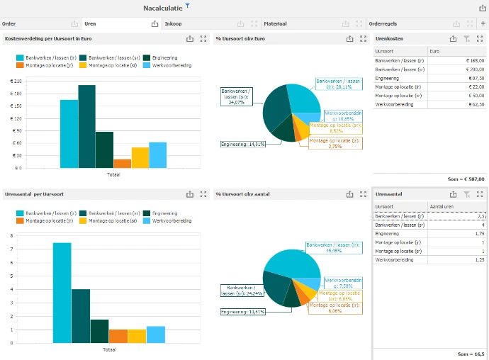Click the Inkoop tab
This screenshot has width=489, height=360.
point(173,23)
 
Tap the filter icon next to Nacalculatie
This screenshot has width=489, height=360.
point(188,6)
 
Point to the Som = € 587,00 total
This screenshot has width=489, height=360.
point(464,179)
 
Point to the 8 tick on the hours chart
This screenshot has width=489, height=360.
point(11,235)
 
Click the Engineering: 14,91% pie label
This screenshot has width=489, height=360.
point(243,144)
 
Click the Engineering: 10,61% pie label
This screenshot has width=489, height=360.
point(243,312)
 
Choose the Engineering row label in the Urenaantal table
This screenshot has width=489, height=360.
point(387,233)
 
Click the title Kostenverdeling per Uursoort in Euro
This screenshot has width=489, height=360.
point(49,38)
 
